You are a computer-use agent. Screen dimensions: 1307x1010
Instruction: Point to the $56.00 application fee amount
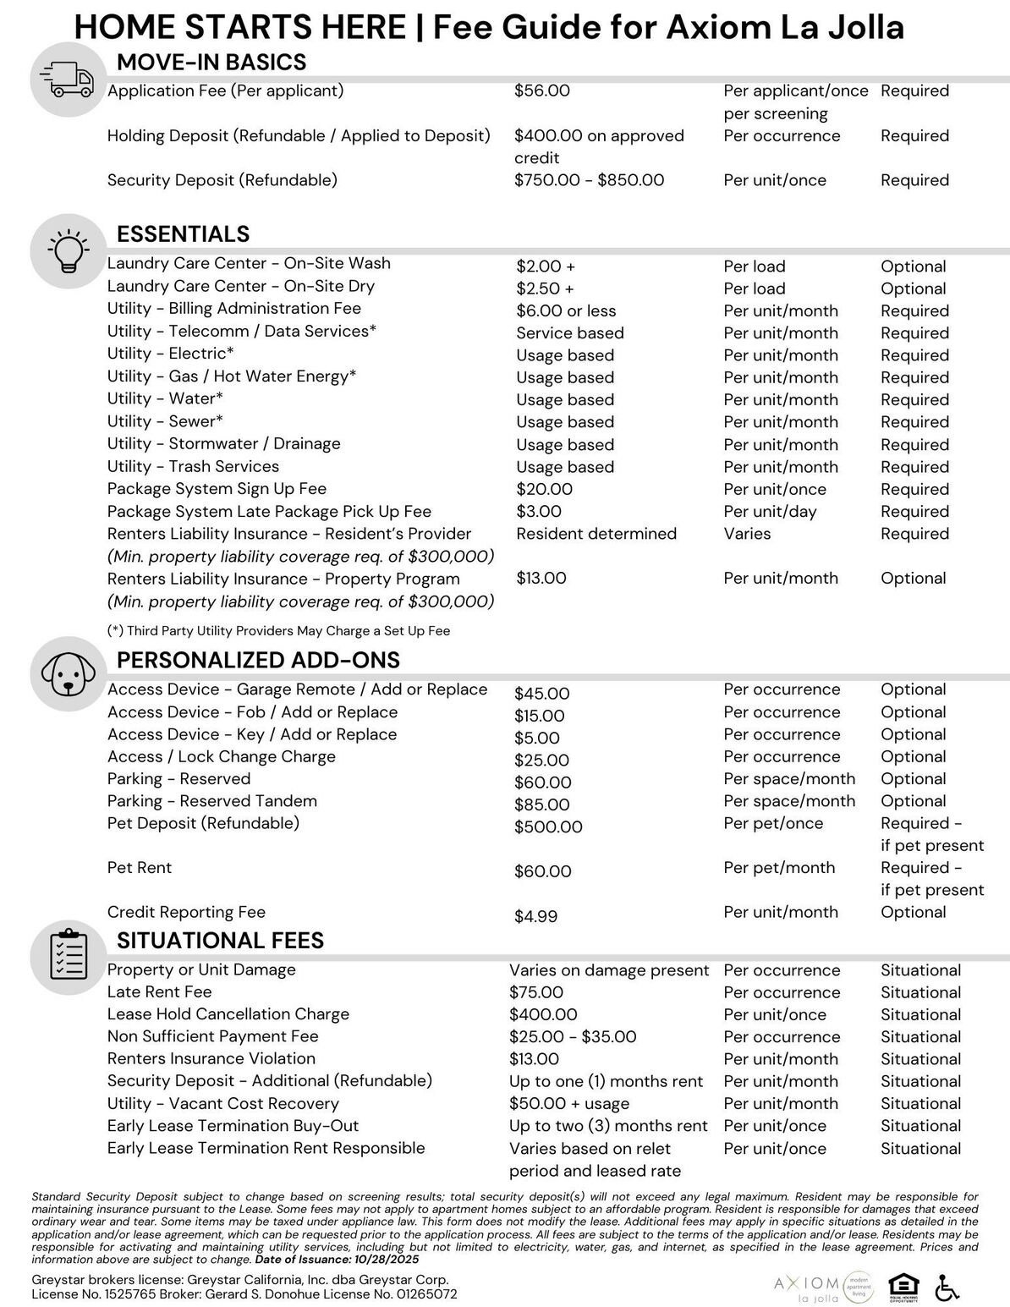pos(541,91)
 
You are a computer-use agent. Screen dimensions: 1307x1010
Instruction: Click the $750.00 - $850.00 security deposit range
pos(589,180)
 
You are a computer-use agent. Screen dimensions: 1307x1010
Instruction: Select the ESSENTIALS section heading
pos(183,233)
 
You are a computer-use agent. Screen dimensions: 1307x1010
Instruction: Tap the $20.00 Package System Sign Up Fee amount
pos(544,489)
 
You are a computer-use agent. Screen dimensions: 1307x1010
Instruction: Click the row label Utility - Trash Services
pos(193,466)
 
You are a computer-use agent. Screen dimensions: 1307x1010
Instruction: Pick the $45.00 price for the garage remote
pos(541,694)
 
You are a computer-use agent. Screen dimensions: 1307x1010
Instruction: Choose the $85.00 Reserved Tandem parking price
pos(541,805)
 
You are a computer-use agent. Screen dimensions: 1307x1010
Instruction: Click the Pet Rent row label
pos(140,867)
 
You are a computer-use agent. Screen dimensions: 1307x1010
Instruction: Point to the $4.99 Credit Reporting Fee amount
pos(535,916)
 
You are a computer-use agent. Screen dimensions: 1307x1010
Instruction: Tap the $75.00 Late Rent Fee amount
pos(535,992)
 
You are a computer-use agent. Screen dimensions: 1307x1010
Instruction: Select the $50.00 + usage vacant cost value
pos(568,1103)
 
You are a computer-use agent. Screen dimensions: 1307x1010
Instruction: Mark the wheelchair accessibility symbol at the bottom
pos(948,1288)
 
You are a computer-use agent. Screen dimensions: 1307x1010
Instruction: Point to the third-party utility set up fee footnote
pos(278,630)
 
